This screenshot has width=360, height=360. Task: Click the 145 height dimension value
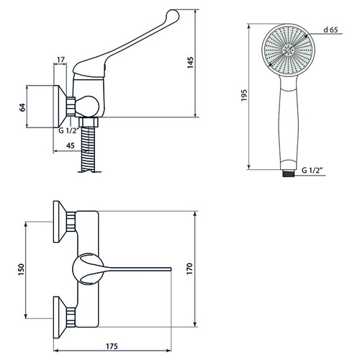tap(190, 63)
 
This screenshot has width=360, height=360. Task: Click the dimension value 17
tap(61, 60)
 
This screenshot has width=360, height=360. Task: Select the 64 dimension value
tap(22, 107)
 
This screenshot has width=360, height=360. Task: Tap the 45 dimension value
tap(70, 145)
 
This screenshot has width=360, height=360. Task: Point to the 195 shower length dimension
tap(244, 95)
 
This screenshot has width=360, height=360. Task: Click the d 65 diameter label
tap(330, 30)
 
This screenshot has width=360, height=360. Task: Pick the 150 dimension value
tap(22, 269)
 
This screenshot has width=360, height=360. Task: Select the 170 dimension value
tap(189, 269)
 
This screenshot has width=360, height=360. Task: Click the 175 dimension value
tap(112, 346)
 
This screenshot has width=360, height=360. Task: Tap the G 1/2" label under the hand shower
tap(312, 170)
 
